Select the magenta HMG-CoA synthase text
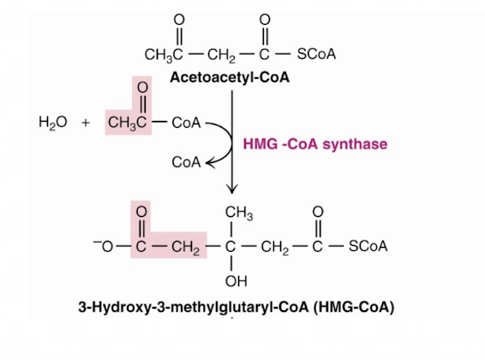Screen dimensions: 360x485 click(315, 143)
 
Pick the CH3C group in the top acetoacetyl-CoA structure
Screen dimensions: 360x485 click(163, 55)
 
